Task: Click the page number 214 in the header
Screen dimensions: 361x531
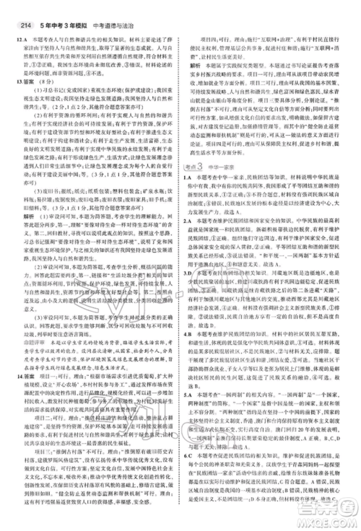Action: tap(14, 9)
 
